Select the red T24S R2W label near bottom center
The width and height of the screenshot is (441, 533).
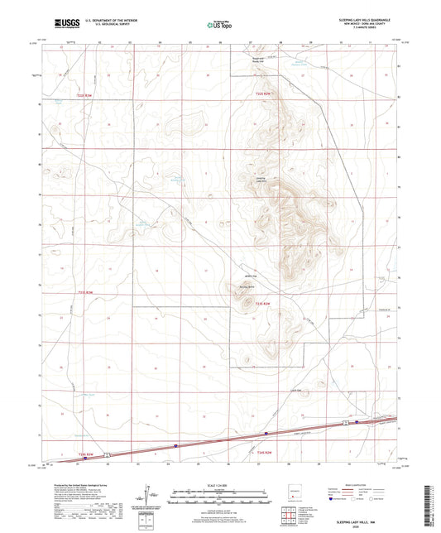click(264, 454)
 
